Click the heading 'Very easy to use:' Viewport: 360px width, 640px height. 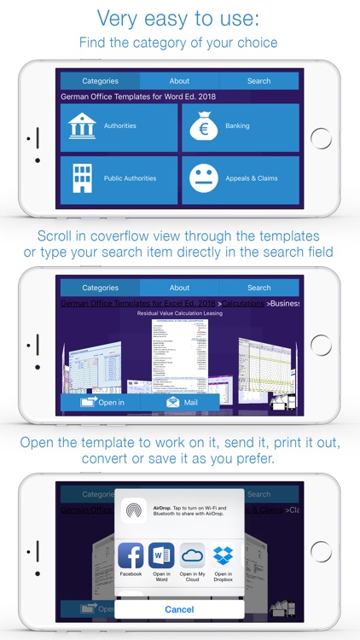click(x=180, y=18)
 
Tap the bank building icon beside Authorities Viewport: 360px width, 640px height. click(x=83, y=126)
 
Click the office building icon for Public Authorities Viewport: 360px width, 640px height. click(x=83, y=178)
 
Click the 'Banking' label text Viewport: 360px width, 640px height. click(x=238, y=126)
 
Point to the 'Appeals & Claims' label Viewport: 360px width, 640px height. click(x=253, y=178)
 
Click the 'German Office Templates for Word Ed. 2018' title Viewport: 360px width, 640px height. click(x=138, y=96)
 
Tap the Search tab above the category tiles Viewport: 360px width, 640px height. click(x=259, y=81)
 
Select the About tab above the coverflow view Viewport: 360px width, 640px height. click(x=179, y=288)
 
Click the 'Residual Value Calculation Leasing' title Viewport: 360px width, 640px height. click(x=180, y=314)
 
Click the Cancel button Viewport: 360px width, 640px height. click(x=179, y=610)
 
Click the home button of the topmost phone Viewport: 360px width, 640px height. click(x=321, y=138)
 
